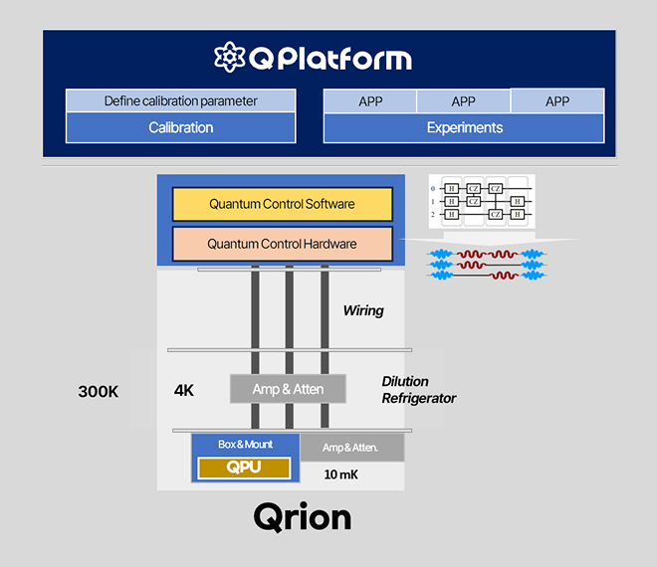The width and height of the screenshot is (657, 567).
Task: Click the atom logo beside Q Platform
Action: pyautogui.click(x=230, y=57)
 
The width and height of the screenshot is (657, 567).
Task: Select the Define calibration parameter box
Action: pyautogui.click(x=180, y=100)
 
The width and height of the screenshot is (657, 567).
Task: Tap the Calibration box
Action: pyautogui.click(x=180, y=127)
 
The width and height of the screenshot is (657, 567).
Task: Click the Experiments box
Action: pyautogui.click(x=464, y=127)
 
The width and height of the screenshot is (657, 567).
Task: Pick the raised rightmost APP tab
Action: pyautogui.click(x=556, y=100)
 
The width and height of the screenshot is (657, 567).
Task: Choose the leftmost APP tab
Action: pyautogui.click(x=370, y=101)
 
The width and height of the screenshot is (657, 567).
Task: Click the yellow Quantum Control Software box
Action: pyautogui.click(x=282, y=204)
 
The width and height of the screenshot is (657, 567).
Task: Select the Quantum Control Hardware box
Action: pyautogui.click(x=282, y=244)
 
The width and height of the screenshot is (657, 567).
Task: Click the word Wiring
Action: pyautogui.click(x=362, y=310)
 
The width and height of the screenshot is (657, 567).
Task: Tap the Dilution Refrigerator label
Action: pyautogui.click(x=418, y=390)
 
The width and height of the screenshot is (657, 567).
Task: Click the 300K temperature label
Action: pyautogui.click(x=99, y=392)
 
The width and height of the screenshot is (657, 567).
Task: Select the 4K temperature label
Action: pyautogui.click(x=183, y=390)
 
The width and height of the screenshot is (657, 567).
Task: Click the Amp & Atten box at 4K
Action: pyautogui.click(x=288, y=389)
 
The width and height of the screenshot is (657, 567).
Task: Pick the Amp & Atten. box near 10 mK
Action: pyautogui.click(x=351, y=448)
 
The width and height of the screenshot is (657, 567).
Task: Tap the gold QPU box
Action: pyautogui.click(x=244, y=468)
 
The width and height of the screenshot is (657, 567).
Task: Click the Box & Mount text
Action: pyautogui.click(x=245, y=444)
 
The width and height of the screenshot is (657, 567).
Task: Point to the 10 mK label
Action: pyautogui.click(x=341, y=474)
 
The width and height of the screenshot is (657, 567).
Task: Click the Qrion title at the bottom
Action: pyautogui.click(x=303, y=517)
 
